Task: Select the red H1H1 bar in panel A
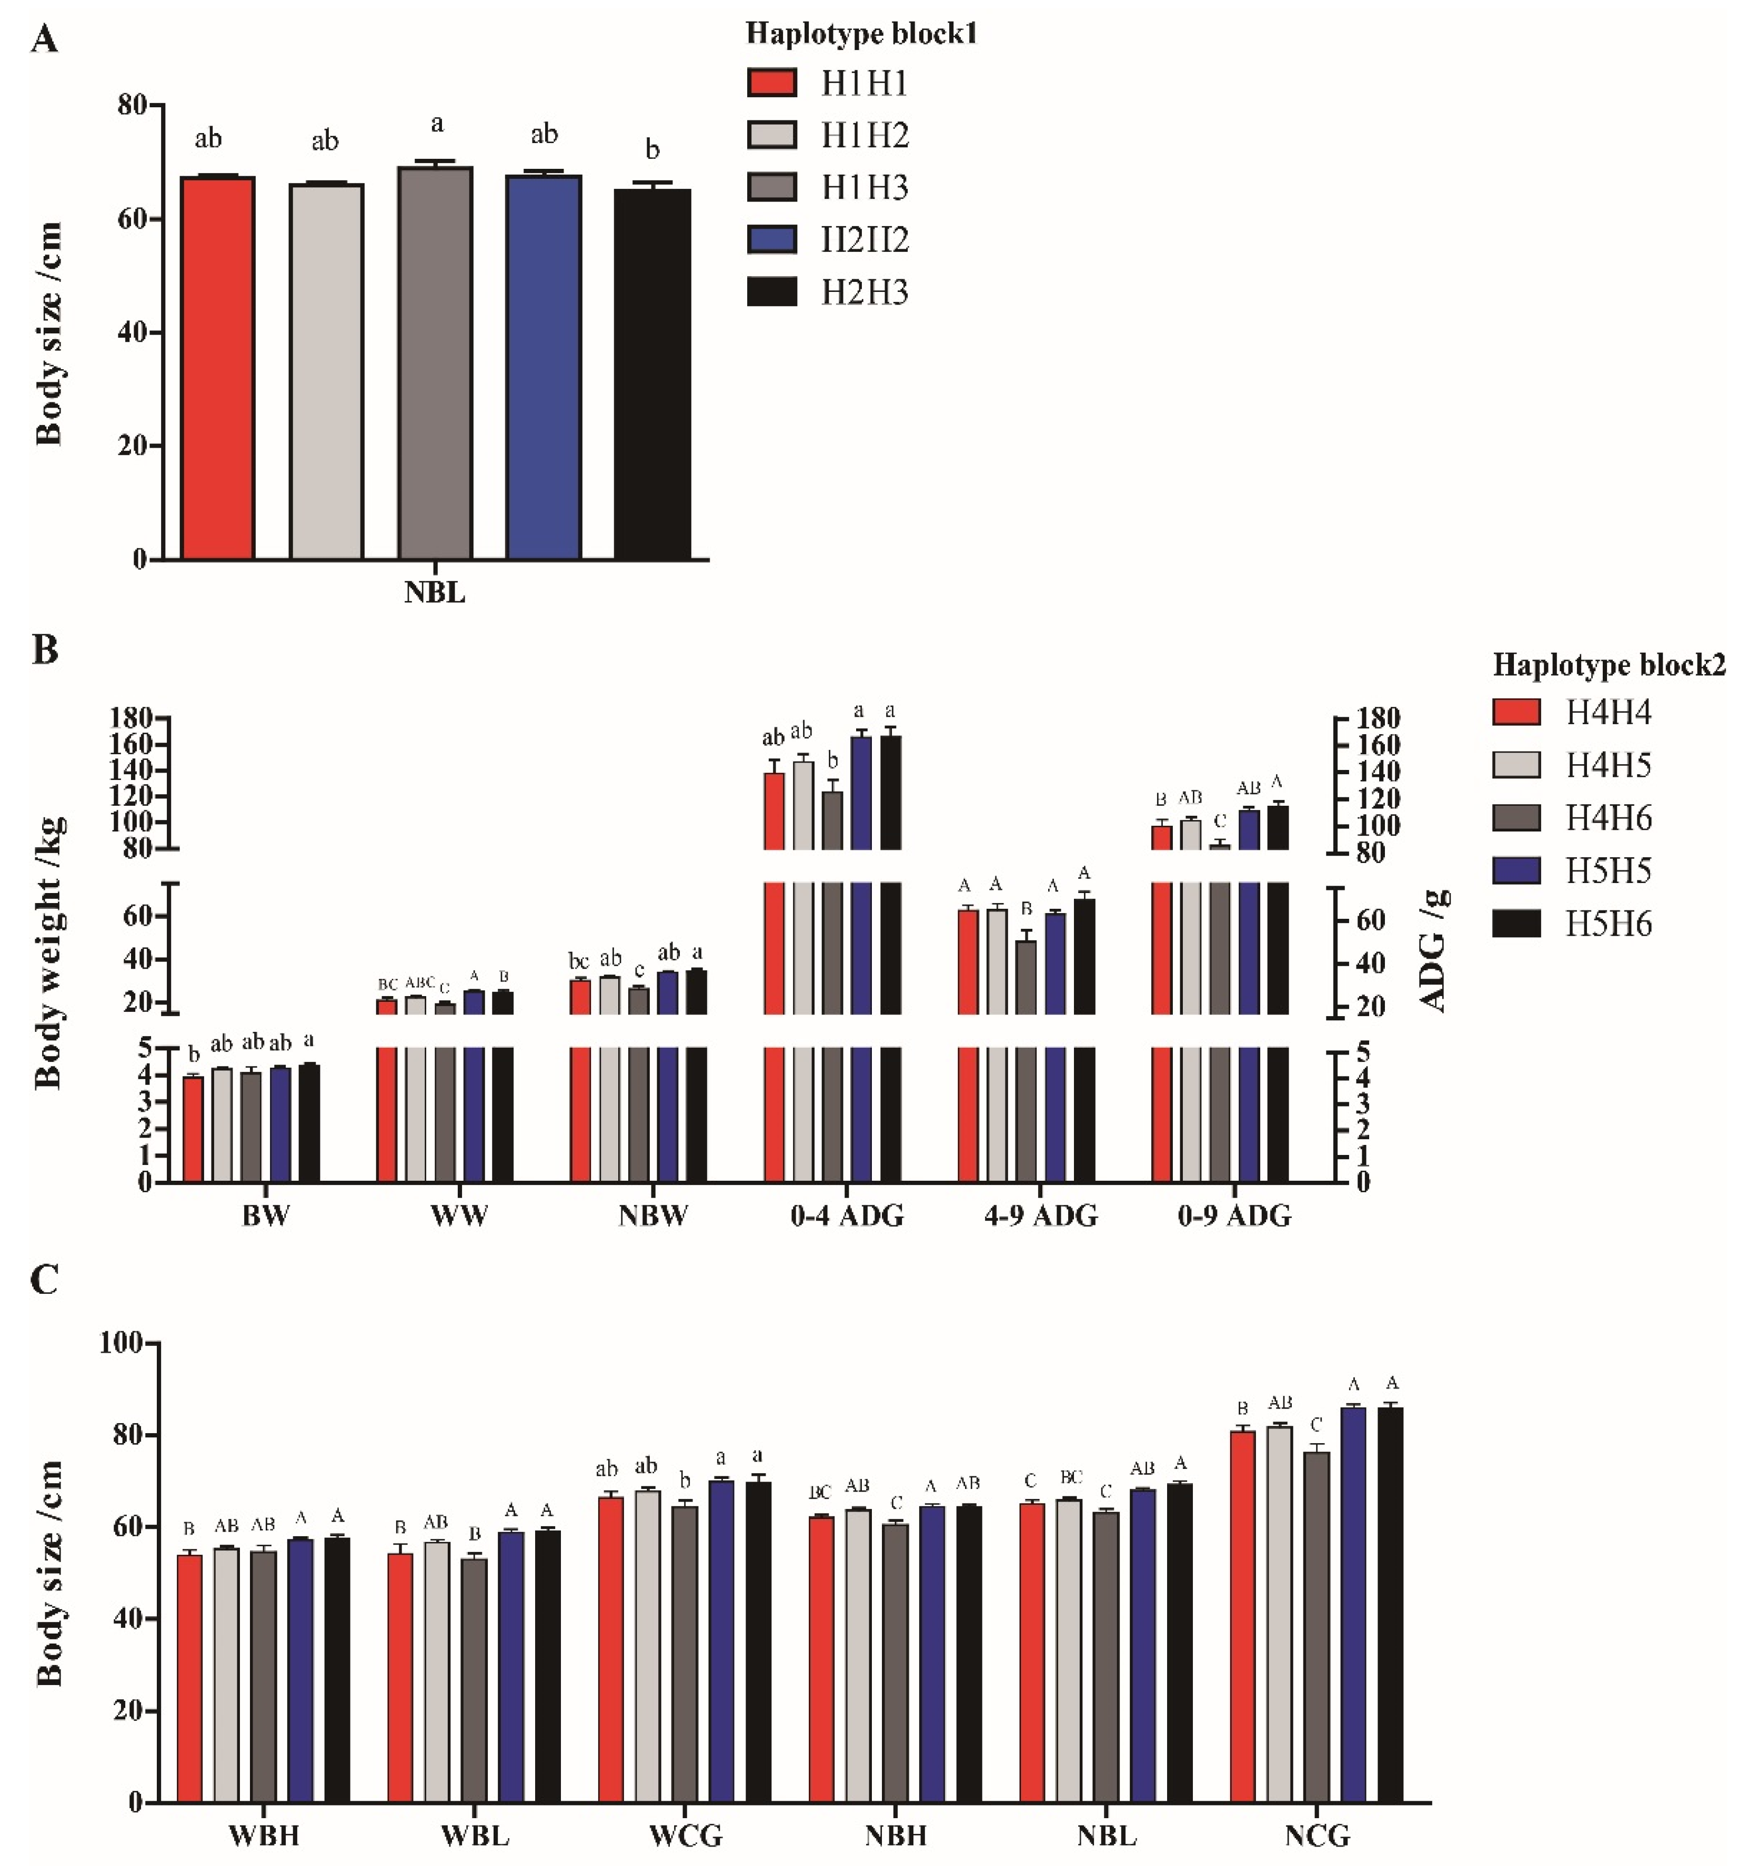click(x=218, y=368)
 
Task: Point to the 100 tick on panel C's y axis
click(x=122, y=1343)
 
